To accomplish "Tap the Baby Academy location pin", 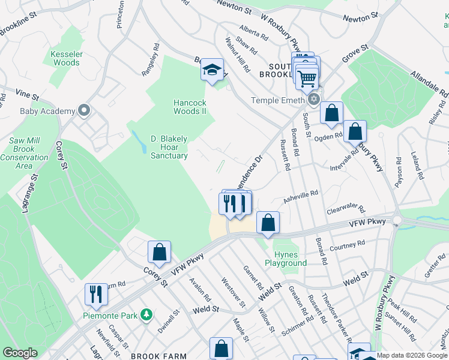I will point(84,111).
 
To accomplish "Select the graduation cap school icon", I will point(212,70).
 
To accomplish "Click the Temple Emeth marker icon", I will point(313,100).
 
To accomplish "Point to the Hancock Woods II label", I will point(190,107).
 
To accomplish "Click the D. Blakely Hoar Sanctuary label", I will point(169,147).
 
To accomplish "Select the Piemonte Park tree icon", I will point(145,314).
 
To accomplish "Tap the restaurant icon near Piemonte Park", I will point(95,295).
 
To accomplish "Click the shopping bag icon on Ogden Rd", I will point(355,131).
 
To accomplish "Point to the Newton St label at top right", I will point(360,18).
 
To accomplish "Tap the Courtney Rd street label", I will point(347,245).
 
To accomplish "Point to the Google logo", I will point(20,353).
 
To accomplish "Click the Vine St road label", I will point(27,95).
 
